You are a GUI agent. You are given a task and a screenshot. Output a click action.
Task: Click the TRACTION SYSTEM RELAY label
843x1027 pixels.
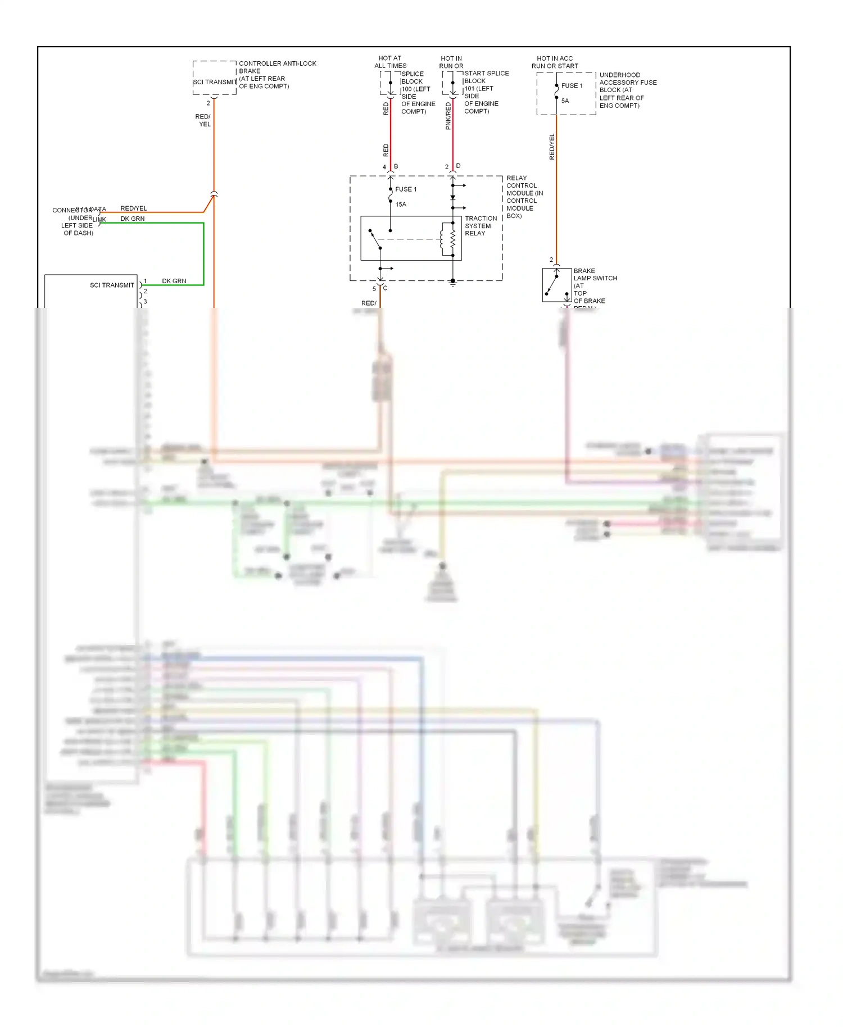[481, 226]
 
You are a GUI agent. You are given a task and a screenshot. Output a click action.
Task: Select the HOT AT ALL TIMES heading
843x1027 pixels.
[390, 62]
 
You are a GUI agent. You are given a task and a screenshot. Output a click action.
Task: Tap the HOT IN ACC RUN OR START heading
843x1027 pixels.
[555, 62]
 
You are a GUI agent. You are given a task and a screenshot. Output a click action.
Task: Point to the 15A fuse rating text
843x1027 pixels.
[401, 205]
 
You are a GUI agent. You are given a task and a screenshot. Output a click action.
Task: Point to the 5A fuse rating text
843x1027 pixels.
[565, 101]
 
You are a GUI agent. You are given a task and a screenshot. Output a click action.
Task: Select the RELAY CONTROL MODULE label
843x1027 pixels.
[524, 197]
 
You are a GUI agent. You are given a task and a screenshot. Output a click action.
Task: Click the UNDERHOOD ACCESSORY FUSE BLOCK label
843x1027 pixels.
[627, 90]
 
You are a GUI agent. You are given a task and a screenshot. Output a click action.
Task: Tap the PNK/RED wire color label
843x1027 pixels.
[448, 116]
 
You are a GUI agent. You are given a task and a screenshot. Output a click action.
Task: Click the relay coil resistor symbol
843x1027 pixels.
[452, 239]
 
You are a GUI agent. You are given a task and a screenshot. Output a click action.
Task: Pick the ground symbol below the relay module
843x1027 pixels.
[452, 284]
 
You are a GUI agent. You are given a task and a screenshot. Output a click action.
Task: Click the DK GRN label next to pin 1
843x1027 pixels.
[174, 281]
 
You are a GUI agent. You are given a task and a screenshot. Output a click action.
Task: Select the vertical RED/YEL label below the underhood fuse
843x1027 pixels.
[552, 147]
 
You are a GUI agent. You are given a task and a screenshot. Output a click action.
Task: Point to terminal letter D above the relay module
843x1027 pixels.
[458, 166]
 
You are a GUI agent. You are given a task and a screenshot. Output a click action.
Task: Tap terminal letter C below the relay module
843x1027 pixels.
[385, 288]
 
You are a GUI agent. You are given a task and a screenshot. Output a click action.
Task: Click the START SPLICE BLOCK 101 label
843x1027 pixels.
[486, 92]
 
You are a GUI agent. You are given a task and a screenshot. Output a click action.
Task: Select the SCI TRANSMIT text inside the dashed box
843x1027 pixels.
[215, 82]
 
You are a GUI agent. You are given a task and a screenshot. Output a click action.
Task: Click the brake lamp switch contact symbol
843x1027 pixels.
[556, 284]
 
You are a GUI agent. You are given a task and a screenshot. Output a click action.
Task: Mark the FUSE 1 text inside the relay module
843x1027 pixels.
[406, 189]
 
